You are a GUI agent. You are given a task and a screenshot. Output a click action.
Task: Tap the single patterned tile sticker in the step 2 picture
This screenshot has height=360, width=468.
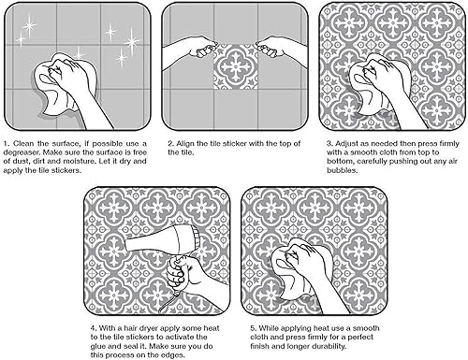[236, 68]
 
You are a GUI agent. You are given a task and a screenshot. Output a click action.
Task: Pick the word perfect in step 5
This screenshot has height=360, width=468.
[400, 339]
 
